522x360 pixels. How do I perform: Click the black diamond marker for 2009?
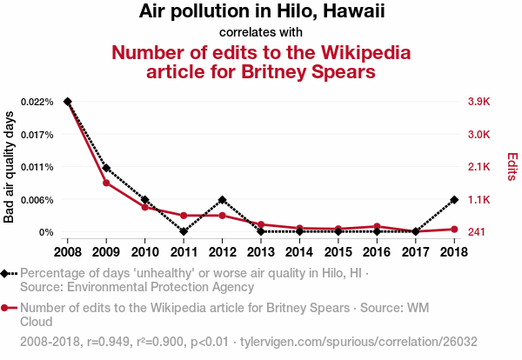click(106, 167)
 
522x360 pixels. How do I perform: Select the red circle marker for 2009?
click(106, 183)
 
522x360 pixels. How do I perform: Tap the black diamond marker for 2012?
click(222, 200)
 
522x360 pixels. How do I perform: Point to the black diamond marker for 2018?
click(453, 200)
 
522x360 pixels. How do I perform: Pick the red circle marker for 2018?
click(453, 229)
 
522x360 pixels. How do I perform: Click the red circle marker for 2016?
click(377, 226)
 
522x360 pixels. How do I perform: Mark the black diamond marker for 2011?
click(184, 231)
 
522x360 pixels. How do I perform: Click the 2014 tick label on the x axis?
click(299, 251)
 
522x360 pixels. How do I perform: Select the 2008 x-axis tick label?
click(68, 251)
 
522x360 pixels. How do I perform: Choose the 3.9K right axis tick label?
click(479, 102)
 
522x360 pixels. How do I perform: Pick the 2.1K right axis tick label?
click(479, 167)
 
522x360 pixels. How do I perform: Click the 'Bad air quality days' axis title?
click(10, 167)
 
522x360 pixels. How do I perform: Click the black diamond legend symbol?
click(7, 273)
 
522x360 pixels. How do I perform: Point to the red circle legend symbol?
click(7, 307)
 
